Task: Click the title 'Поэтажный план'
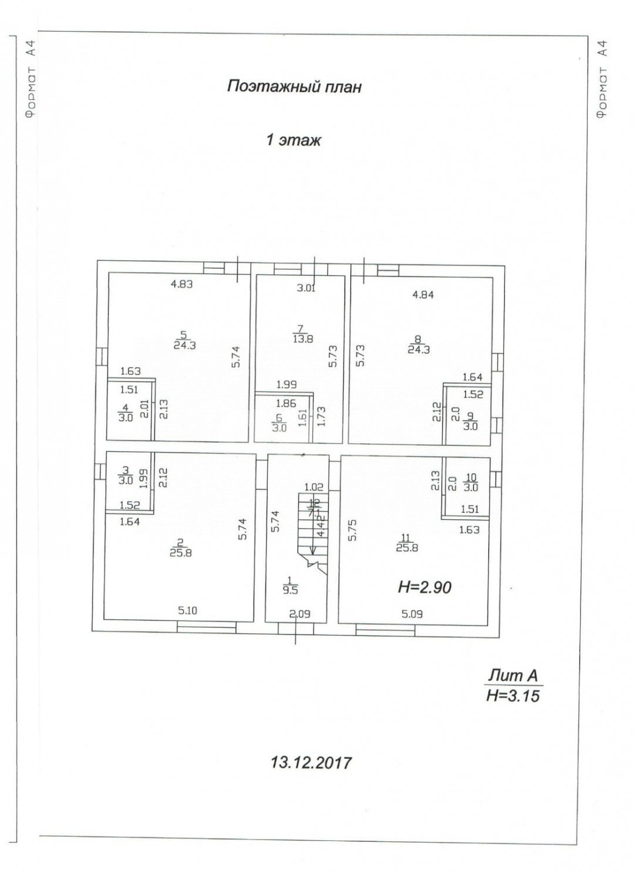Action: tap(294, 87)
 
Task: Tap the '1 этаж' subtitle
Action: tap(294, 141)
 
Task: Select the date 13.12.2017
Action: tap(311, 762)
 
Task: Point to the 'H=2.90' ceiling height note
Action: tap(424, 586)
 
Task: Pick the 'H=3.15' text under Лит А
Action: tap(512, 696)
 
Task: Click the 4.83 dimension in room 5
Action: tap(182, 285)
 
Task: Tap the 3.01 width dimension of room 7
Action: tap(306, 288)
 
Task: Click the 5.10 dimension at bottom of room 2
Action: tap(187, 610)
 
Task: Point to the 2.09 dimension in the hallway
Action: tap(299, 614)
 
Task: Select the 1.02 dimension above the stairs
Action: tap(314, 486)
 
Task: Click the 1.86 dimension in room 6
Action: tap(285, 404)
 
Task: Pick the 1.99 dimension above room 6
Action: tap(287, 384)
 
